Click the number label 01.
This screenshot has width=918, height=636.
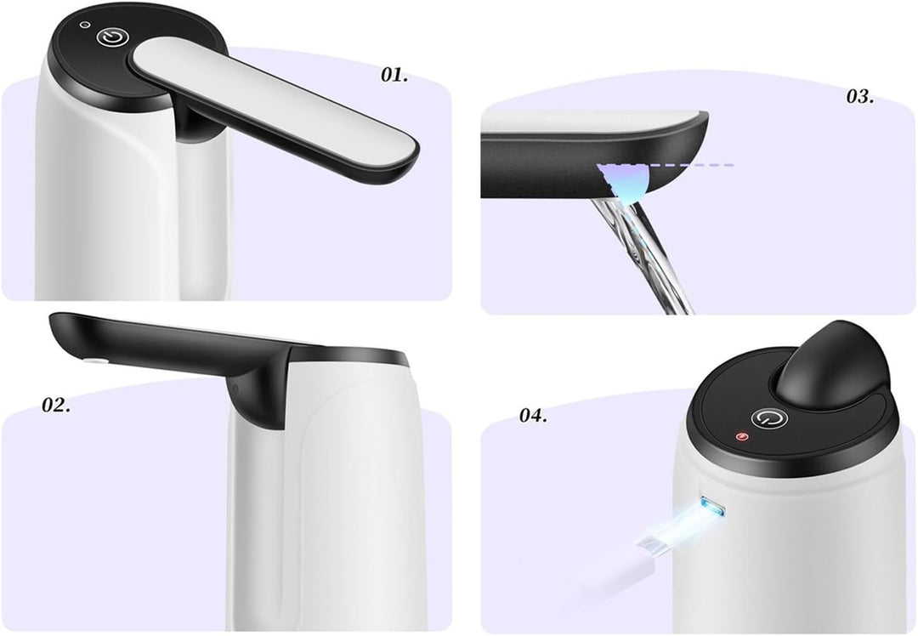point(394,75)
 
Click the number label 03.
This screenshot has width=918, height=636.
point(859,96)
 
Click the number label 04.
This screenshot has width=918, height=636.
point(533,415)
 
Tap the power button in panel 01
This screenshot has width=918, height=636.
point(111,38)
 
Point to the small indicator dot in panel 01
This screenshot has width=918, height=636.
point(83,25)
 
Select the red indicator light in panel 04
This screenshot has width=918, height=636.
point(742,439)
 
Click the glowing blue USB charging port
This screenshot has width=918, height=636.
point(711,508)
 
